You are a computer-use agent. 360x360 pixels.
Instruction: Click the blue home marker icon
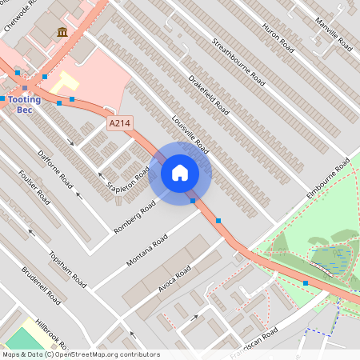pyautogui.click(x=180, y=172)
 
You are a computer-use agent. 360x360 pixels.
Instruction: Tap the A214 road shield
pyautogui.click(x=119, y=122)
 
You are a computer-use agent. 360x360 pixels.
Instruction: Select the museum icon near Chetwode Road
pyautogui.click(x=62, y=32)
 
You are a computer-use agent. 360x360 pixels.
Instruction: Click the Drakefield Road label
pyautogui.click(x=209, y=95)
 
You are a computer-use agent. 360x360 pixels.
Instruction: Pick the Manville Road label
pyautogui.click(x=333, y=32)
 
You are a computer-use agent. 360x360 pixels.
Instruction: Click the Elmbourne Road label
pyautogui.click(x=329, y=179)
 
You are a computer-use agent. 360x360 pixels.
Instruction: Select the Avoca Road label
pyautogui.click(x=174, y=279)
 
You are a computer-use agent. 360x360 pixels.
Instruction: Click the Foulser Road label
pyautogui.click(x=34, y=187)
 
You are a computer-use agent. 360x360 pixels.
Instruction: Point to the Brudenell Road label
pyautogui.click(x=41, y=286)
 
